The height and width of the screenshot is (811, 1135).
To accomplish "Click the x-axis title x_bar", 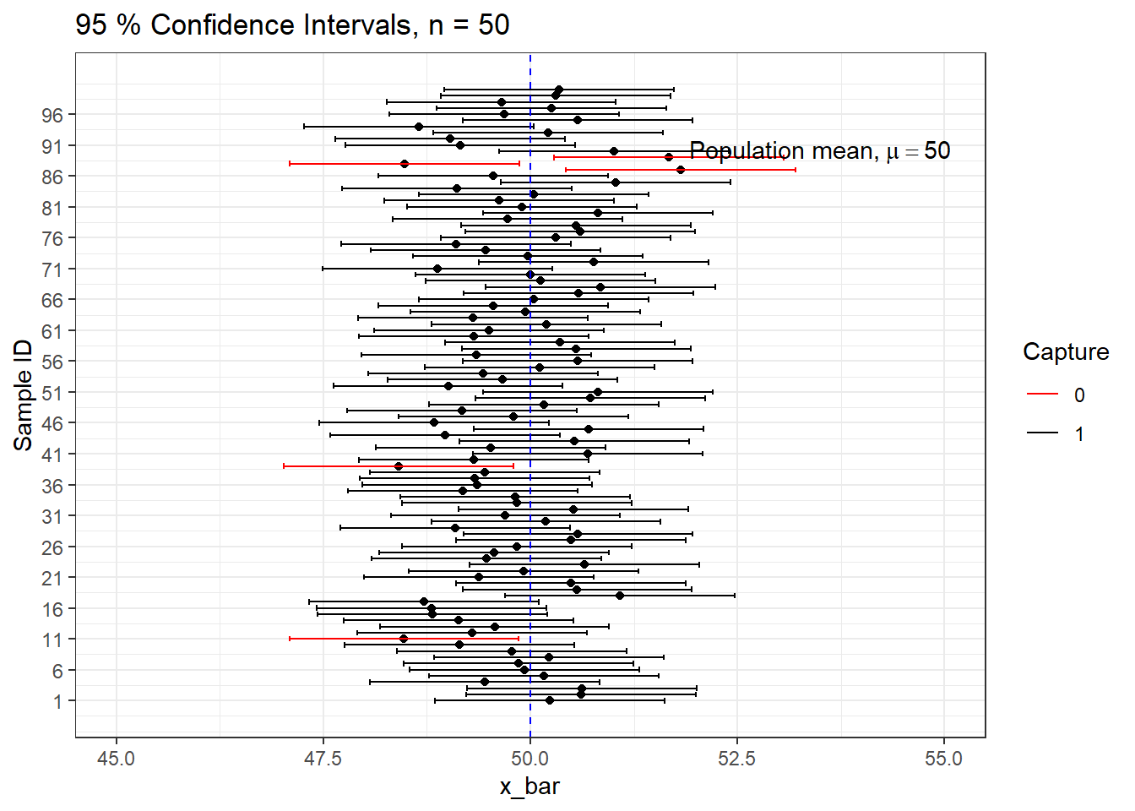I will click(529, 787).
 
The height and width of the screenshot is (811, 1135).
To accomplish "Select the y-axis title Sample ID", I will click(24, 395).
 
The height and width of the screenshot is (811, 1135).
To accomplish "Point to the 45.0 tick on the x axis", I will click(117, 759).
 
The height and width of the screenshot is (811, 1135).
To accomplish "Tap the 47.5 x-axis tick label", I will click(323, 759).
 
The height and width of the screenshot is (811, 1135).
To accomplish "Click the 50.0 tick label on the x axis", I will click(529, 759).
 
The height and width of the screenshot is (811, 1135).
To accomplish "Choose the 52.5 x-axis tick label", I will click(736, 759).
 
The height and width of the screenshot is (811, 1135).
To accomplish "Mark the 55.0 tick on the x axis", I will click(943, 759).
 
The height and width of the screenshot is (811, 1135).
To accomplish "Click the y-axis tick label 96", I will click(52, 115).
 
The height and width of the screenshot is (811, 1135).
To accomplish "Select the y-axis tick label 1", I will click(57, 701).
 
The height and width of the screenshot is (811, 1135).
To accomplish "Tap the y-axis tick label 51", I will click(52, 393).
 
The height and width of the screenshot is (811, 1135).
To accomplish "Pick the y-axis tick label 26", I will click(52, 547).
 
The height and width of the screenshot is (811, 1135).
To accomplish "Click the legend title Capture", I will click(1066, 352).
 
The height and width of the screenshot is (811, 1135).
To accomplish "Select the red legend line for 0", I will click(1042, 395).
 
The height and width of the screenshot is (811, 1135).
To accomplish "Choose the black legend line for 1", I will click(1042, 433).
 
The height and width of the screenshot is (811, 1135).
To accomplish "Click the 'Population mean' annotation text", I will click(819, 151).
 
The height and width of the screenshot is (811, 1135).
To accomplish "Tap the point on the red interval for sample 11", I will click(404, 639).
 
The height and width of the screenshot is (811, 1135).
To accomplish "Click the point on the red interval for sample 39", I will click(399, 466).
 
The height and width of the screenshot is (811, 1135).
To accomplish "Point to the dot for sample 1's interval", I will click(550, 700).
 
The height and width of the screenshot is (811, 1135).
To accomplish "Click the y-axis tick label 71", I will click(52, 269).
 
